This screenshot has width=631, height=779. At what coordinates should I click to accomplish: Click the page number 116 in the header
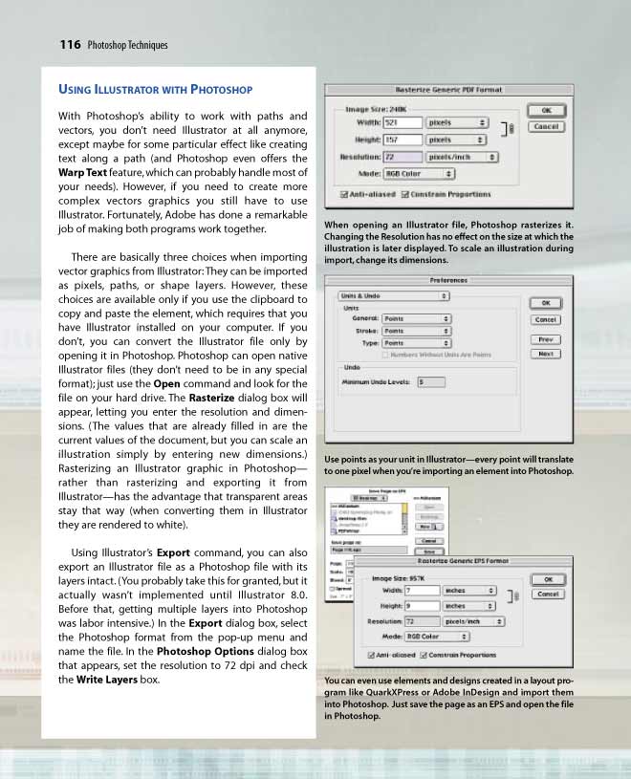(69, 44)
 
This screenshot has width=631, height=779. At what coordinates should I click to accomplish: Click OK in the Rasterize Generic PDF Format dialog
(546, 111)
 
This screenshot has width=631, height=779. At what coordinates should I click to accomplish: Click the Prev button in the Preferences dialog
(545, 339)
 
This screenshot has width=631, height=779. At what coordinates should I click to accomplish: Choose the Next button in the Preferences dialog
(545, 354)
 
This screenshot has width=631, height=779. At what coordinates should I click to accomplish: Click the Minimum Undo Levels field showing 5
(431, 381)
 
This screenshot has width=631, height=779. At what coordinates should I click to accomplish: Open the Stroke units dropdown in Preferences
(417, 331)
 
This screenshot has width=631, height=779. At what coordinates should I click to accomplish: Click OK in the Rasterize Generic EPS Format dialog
(546, 579)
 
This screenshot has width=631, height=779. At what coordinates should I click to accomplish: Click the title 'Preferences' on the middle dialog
(448, 280)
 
